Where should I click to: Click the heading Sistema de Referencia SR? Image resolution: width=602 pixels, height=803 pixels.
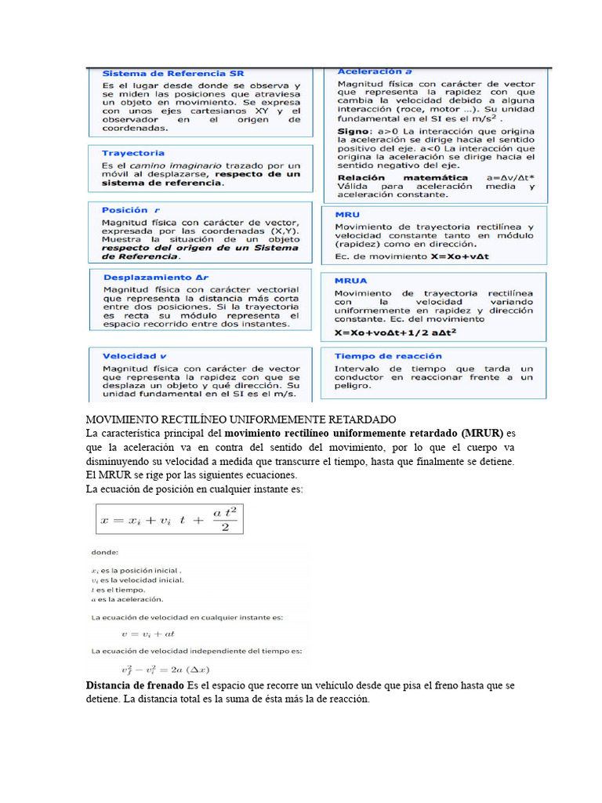click(173, 73)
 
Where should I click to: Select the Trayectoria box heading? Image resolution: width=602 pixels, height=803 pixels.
click(133, 153)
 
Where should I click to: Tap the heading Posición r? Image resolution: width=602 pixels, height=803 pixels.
click(130, 210)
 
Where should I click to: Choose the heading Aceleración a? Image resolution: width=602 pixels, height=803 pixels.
click(375, 71)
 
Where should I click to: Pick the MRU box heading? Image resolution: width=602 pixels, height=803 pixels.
click(347, 213)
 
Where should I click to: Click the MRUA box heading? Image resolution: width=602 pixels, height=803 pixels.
click(350, 280)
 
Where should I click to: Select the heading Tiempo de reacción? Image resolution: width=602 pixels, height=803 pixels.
click(388, 356)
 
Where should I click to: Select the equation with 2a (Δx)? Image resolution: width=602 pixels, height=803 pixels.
click(160, 669)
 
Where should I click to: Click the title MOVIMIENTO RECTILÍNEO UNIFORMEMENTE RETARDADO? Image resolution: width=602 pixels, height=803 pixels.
click(240, 420)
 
